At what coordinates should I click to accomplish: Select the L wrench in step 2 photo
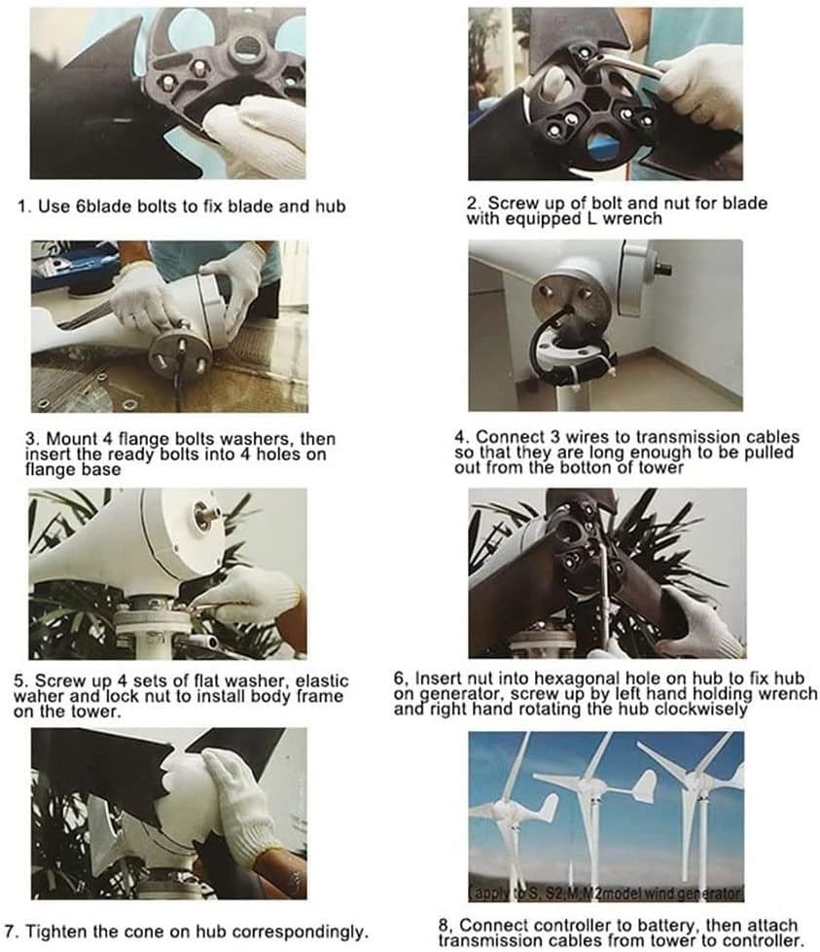click(x=622, y=67)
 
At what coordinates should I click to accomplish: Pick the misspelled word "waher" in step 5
click(x=61, y=696)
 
